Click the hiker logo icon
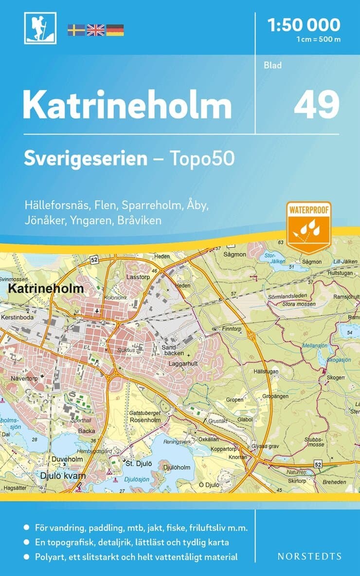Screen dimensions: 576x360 coord(40,28)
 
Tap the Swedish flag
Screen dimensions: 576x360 coord(76,30)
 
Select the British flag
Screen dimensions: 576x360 coord(95,30)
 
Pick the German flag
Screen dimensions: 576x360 coord(115,30)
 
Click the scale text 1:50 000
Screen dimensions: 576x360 coord(304,24)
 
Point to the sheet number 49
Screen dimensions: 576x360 coord(316,105)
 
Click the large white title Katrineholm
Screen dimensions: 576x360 coord(127,105)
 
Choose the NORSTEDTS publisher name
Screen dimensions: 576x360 coord(309,556)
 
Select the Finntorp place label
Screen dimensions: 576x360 coord(232,329)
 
